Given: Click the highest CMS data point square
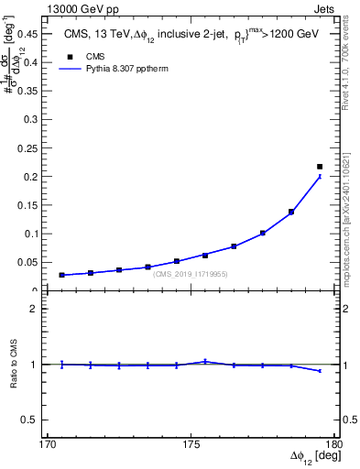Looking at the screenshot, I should click(320, 167).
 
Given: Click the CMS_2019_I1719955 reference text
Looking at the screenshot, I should click(191, 274).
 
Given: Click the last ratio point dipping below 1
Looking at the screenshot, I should click(320, 371).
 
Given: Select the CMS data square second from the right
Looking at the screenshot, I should click(291, 212).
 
